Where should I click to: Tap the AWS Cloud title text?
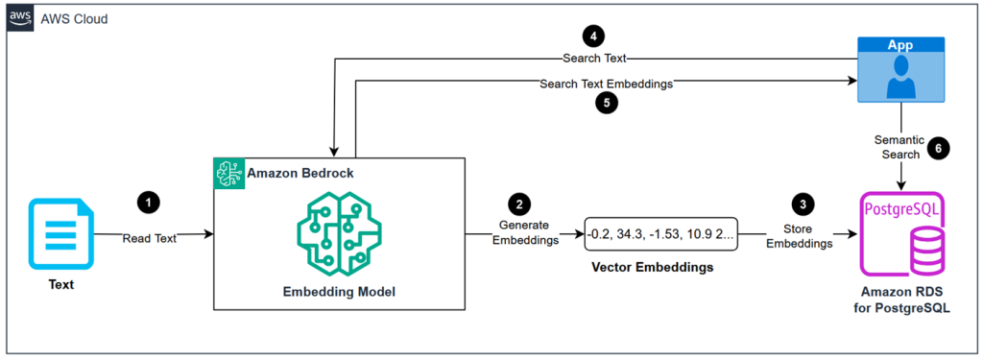click(x=74, y=19)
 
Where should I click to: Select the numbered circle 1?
click(x=148, y=203)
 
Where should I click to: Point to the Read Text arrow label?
click(x=149, y=238)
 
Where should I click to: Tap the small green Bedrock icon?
click(x=228, y=174)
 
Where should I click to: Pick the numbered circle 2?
click(x=519, y=204)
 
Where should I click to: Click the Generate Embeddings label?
click(x=524, y=233)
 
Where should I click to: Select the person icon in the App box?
click(x=899, y=79)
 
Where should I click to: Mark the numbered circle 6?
click(x=939, y=148)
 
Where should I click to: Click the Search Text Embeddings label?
click(x=606, y=84)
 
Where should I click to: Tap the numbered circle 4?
click(x=595, y=36)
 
